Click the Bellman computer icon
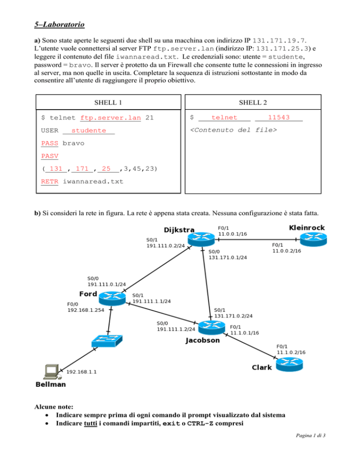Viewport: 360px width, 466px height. pyautogui.click(x=50, y=371)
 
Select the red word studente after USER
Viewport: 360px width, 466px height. pyautogui.click(x=89, y=131)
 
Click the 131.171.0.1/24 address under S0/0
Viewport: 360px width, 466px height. pyautogui.click(x=228, y=257)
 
